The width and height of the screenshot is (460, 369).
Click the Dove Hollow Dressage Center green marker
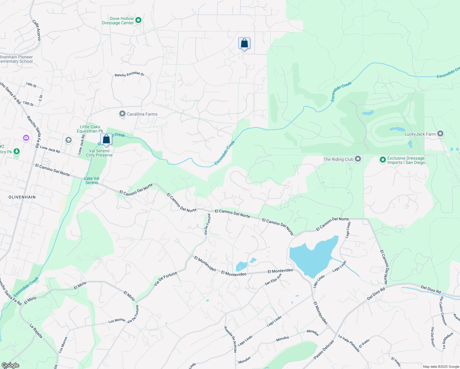138,20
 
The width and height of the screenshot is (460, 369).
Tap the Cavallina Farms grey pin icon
122,114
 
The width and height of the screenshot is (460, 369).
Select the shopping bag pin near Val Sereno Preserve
106,139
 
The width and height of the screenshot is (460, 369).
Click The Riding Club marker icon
358,159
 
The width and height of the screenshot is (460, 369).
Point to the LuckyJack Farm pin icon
440,134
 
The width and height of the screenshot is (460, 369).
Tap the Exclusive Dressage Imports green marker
383,160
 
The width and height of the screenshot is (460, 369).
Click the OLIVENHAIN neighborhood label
22,197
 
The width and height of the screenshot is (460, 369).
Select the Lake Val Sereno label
92,181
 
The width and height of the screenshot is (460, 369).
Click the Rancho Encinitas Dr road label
129,74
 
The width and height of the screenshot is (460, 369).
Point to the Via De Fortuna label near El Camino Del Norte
208,224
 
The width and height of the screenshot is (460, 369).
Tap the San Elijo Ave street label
273,279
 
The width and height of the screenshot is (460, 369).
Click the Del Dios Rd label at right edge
430,289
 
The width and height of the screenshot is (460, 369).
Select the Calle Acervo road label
37,30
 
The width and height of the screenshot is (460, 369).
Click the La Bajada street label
36,331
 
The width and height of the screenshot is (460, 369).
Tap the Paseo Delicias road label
323,350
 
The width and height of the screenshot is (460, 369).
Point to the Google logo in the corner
10,365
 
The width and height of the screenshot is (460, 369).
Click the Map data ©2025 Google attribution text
441,367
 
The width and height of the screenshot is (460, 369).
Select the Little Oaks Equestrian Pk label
90,129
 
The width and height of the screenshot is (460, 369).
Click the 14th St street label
31,85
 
